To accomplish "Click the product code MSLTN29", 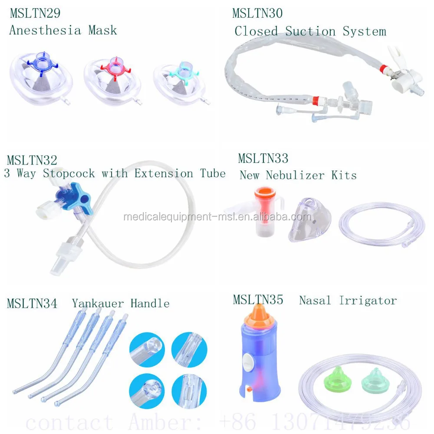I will [x=35, y=13].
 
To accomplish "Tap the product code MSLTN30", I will [x=257, y=13].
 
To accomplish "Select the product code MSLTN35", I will [x=258, y=299].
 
